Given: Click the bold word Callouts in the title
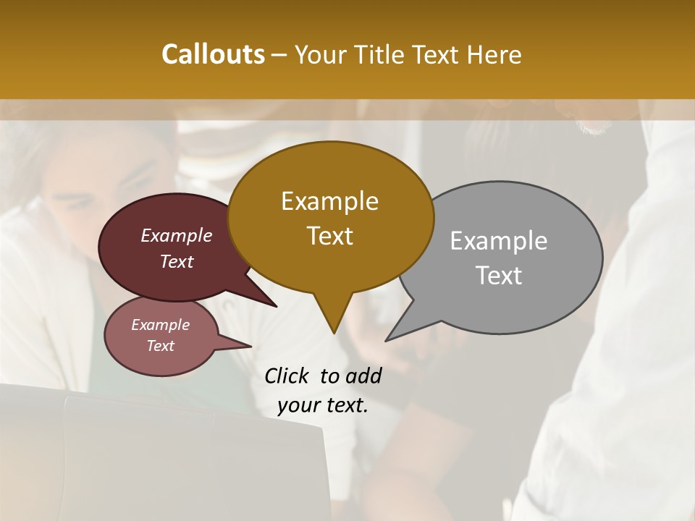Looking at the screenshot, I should [213, 54].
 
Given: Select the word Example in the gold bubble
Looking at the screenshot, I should [329, 201].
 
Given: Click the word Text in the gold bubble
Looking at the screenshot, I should [329, 235].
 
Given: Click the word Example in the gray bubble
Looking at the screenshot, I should [499, 241].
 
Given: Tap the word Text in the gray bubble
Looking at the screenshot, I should [499, 275].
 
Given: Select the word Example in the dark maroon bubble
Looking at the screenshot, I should [177, 235].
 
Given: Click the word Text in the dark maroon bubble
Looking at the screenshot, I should [177, 261].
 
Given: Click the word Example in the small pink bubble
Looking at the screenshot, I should [160, 325].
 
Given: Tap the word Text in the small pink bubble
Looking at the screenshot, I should [160, 346].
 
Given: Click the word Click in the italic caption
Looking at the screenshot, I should [287, 376].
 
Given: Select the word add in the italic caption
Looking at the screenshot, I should [363, 376].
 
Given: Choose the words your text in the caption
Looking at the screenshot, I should [323, 405].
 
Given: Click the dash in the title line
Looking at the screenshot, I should [279, 55].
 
